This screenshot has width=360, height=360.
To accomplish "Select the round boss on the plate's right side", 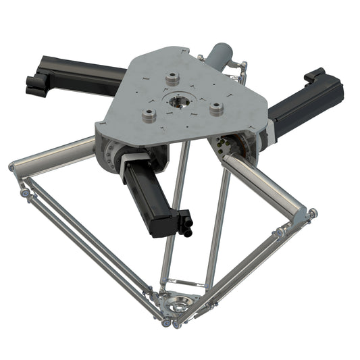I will coord(216,109).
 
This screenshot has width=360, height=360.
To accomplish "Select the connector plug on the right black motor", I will coord(315,76).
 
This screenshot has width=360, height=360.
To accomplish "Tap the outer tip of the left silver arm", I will coord(14,166).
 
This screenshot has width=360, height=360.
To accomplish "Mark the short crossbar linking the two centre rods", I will coord(186,279).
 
